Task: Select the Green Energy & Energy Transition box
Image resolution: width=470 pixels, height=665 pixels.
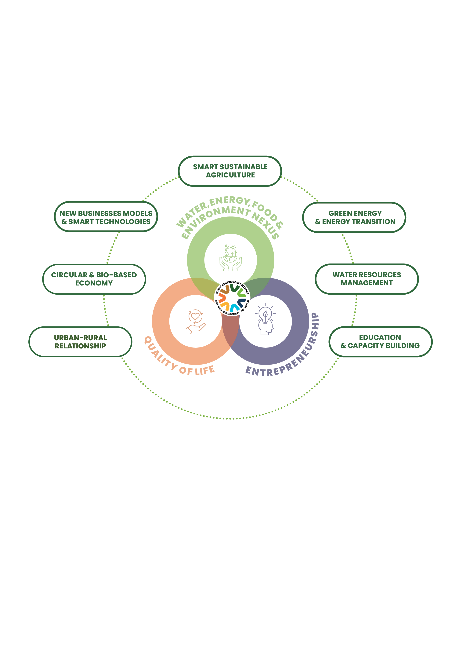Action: click(x=354, y=217)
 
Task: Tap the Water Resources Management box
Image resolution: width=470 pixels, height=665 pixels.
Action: click(x=367, y=279)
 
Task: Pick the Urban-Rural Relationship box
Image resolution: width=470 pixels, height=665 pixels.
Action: click(x=81, y=342)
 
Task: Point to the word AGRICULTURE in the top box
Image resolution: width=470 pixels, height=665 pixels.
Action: click(x=230, y=175)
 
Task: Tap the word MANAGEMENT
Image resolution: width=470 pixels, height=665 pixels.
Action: click(x=367, y=283)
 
